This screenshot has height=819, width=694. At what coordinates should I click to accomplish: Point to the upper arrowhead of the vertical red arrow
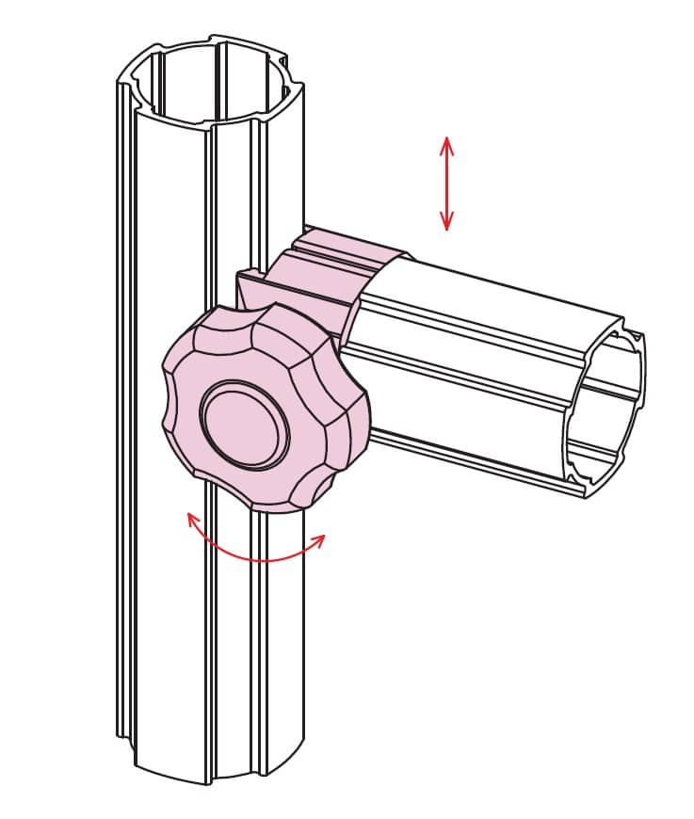(x=446, y=142)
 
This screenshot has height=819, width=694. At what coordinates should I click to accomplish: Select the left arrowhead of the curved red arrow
(x=192, y=518)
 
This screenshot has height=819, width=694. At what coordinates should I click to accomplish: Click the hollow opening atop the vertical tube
(x=213, y=81)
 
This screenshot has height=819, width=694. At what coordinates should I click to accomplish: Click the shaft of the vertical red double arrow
(x=446, y=184)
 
